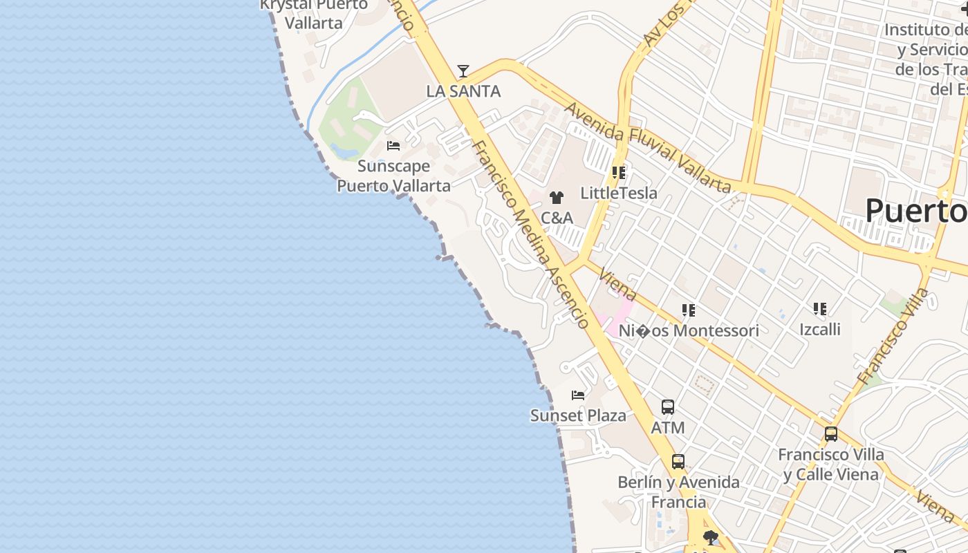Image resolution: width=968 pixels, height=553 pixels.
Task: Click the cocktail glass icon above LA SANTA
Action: [463, 71]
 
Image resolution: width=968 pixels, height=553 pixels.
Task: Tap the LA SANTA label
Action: [463, 91]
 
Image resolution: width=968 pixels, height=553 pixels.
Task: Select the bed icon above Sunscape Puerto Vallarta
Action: [393, 146]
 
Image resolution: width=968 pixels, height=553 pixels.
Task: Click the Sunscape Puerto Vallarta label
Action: [393, 176]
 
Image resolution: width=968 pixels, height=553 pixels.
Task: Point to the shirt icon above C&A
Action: [557, 198]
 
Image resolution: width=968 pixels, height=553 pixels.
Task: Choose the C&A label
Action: [557, 218]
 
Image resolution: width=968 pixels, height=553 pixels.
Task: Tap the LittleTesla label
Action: [619, 193]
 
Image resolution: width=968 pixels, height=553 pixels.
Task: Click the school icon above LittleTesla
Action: [619, 173]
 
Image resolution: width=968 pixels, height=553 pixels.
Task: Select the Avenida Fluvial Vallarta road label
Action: [647, 147]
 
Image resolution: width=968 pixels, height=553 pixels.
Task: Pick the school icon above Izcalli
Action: [820, 309]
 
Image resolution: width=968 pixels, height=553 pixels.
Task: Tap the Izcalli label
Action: [820, 329]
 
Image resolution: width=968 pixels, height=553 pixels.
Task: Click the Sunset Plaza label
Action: [578, 415]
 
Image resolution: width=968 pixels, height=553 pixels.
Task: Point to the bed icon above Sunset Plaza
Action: [578, 395]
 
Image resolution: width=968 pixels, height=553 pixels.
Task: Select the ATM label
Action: [668, 428]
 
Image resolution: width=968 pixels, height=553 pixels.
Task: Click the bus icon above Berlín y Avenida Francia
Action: [678, 462]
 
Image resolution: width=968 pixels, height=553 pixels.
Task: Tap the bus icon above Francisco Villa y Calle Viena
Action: [831, 434]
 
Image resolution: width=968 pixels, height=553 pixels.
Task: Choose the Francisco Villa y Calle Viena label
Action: [831, 465]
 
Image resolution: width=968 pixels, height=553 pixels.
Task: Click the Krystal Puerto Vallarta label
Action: [314, 14]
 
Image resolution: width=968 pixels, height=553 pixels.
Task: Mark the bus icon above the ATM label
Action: [668, 407]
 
